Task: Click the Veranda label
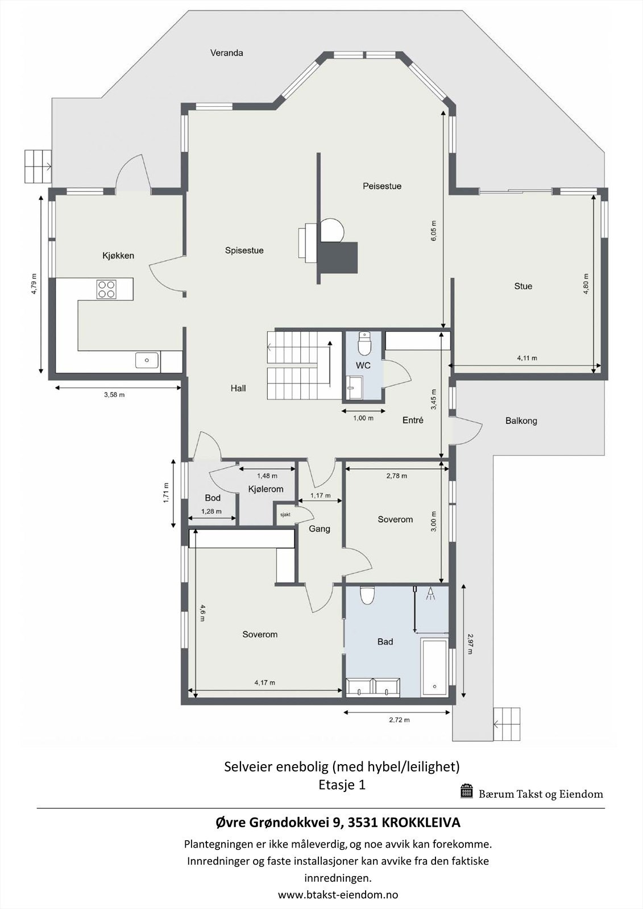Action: pyautogui.click(x=226, y=53)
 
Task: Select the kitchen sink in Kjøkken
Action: pyautogui.click(x=147, y=360)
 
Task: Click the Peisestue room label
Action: pyautogui.click(x=382, y=186)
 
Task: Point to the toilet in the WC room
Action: pyautogui.click(x=364, y=343)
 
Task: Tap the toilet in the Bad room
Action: pyautogui.click(x=367, y=595)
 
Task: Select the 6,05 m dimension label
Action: pyautogui.click(x=434, y=231)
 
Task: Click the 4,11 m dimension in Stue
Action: pyautogui.click(x=526, y=358)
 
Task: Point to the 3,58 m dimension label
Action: pyautogui.click(x=114, y=395)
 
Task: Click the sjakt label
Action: pyautogui.click(x=285, y=514)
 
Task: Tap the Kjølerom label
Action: pyautogui.click(x=266, y=489)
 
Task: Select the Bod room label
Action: pyautogui.click(x=213, y=498)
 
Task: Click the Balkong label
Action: pyautogui.click(x=521, y=421)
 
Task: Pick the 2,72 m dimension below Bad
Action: pyautogui.click(x=399, y=720)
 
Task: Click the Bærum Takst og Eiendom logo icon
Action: pyautogui.click(x=467, y=791)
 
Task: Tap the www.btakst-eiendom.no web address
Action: pyautogui.click(x=338, y=895)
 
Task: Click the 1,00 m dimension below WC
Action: pyautogui.click(x=363, y=418)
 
